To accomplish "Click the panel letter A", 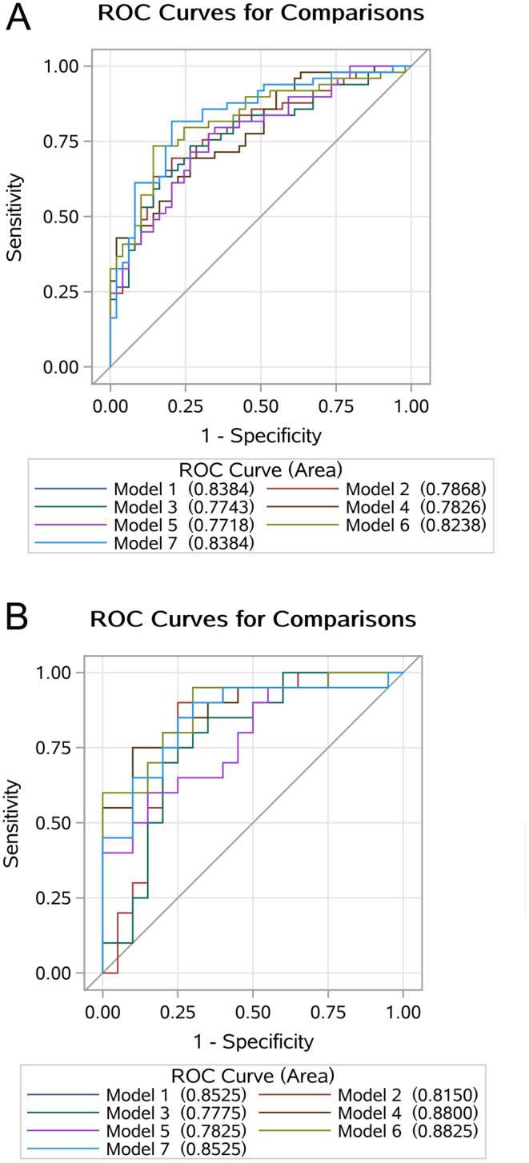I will click(x=18, y=16).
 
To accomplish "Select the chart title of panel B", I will click(x=253, y=620).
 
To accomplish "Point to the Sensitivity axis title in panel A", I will click(x=14, y=216).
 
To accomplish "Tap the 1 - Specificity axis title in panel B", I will click(x=252, y=1041).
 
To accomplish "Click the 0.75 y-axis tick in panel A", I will click(x=64, y=141).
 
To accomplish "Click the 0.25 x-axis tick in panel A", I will click(x=185, y=406).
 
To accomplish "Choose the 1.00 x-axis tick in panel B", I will click(x=403, y=1012).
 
